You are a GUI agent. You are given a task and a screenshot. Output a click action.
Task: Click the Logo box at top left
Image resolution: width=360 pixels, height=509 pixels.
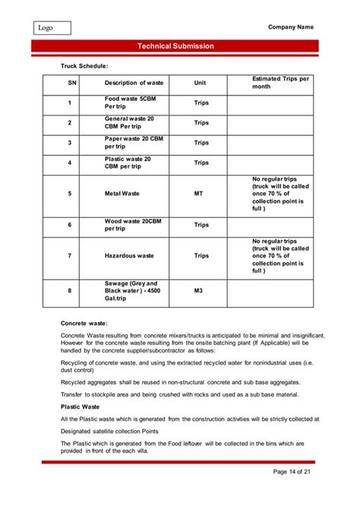coord(51,28)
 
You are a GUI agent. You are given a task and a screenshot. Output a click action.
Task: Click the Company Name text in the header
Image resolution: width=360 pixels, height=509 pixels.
coord(291,27)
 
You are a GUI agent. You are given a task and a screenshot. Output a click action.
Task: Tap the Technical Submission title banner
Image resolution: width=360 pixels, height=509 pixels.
coord(176,47)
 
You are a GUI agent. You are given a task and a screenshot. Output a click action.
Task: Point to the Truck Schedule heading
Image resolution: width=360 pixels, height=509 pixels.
coord(84,67)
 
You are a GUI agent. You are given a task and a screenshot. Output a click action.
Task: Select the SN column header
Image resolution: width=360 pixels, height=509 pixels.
coord(70,83)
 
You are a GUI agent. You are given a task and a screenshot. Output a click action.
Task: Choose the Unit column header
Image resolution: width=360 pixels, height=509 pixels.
coord(201,83)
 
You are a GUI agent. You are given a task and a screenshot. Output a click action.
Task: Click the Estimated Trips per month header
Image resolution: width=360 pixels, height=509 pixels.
coord(280,82)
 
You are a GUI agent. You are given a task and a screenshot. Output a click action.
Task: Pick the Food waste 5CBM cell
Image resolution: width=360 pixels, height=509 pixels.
coord(131,103)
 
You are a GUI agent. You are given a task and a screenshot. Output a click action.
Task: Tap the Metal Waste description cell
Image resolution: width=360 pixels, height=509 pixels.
coord(122,194)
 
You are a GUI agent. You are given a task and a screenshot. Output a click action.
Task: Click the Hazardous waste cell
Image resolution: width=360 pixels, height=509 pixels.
coord(129,255)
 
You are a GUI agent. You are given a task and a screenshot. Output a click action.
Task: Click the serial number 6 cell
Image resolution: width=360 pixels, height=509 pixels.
coord(70,225)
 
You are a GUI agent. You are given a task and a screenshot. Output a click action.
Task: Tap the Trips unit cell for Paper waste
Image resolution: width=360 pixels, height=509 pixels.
coord(201,142)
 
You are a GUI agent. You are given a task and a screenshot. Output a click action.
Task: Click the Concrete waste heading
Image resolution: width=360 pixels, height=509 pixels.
coord(84,324)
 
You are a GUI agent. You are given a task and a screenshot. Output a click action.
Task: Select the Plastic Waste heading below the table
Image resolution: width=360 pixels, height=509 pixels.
coord(81,406)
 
